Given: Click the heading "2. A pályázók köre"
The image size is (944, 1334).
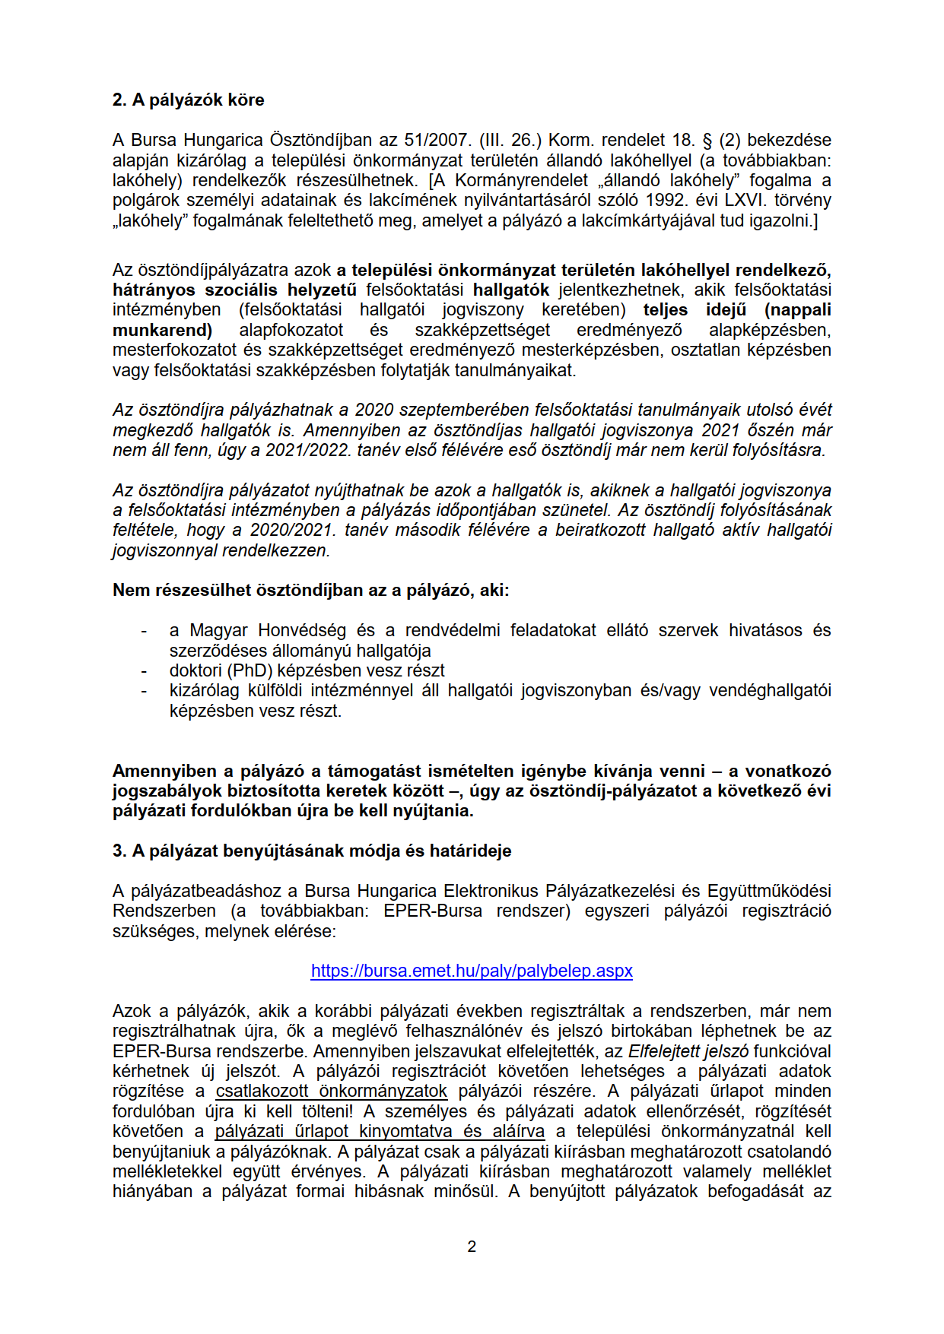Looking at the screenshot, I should click(188, 100).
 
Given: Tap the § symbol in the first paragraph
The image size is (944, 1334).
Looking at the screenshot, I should click(706, 140).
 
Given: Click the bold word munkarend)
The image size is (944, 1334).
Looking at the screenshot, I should click(162, 330).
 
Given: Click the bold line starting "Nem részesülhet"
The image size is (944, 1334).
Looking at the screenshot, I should click(310, 590).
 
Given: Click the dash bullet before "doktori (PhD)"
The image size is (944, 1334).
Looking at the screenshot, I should click(144, 671).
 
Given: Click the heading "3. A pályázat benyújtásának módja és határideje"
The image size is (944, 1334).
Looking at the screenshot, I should click(312, 851).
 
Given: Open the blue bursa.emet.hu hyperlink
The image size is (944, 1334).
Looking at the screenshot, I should click(472, 971).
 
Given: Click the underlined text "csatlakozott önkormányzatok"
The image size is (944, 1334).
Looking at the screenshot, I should click(332, 1091).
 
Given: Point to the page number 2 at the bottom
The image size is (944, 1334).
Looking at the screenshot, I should click(472, 1247).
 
